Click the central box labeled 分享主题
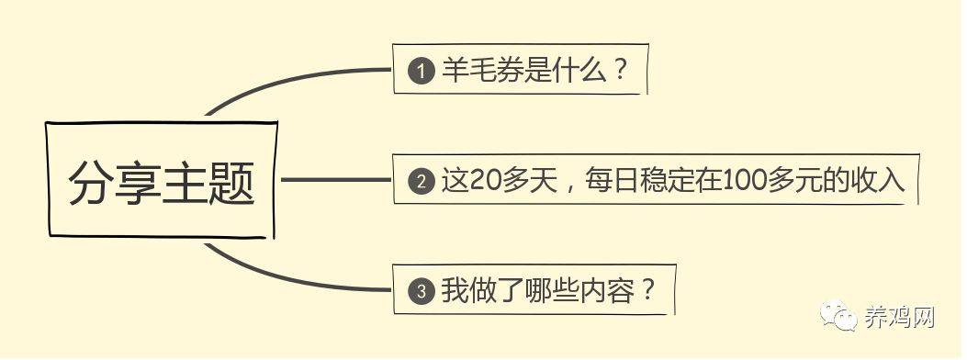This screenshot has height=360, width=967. click(162, 180)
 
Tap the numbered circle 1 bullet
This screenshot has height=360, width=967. click(421, 71)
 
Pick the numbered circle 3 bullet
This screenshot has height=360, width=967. click(421, 293)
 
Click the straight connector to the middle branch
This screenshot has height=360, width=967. click(335, 180)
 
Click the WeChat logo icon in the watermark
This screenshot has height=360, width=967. click(837, 318)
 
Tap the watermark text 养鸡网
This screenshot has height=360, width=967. click(899, 318)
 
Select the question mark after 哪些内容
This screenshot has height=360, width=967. click(647, 292)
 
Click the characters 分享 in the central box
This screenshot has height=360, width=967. click(114, 184)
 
